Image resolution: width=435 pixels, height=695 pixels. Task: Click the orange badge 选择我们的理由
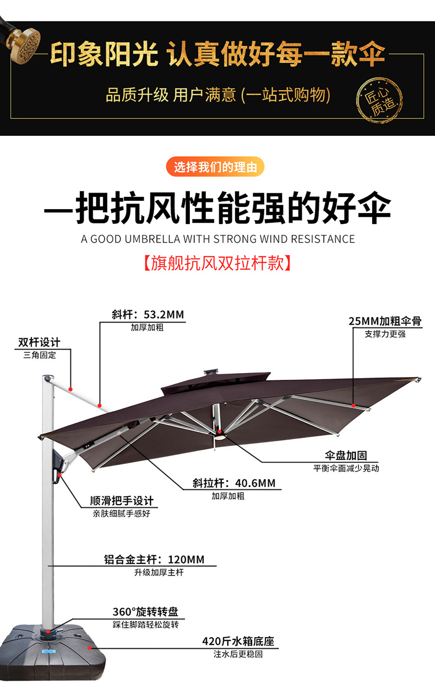[215, 167]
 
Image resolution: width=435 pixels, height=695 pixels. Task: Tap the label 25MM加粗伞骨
[385, 321]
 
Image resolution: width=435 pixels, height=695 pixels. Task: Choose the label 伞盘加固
[345, 456]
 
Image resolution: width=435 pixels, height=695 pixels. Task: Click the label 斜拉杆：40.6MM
[233, 483]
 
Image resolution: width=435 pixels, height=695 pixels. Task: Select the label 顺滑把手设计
[122, 501]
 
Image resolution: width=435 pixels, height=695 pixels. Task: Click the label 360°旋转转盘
[145, 612]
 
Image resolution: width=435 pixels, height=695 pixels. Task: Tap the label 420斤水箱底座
[238, 641]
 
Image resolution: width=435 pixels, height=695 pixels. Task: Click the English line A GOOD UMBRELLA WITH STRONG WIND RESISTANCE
[218, 239]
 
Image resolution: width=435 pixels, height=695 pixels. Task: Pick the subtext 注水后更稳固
[238, 654]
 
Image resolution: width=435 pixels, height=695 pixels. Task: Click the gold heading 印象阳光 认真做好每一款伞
[218, 55]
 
